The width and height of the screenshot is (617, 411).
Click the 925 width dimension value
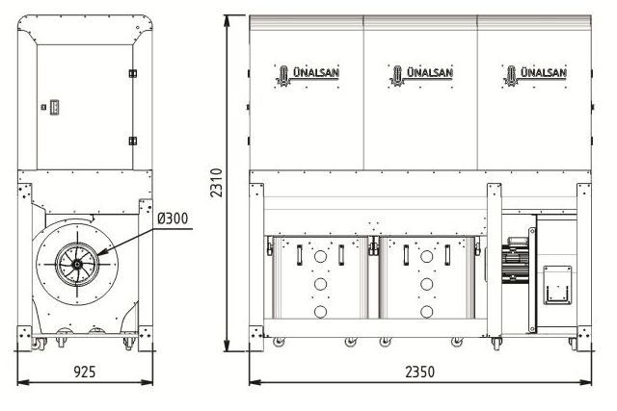click(x=85, y=371)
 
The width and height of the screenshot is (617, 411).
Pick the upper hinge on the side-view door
click(x=133, y=72)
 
